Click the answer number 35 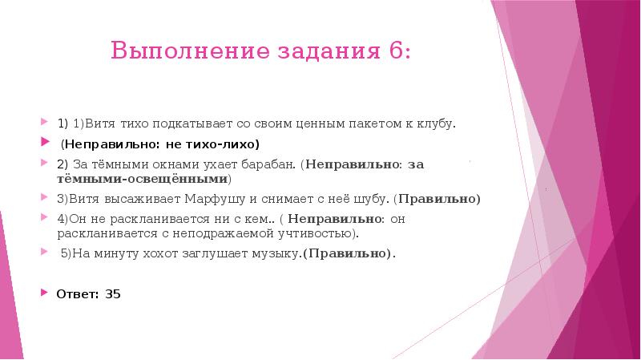click(x=112, y=293)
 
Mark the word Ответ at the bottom click(x=76, y=293)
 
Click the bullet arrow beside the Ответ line click(x=45, y=293)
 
